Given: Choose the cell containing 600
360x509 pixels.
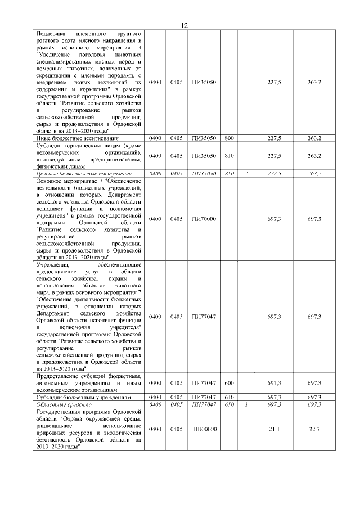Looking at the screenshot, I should click(229, 383).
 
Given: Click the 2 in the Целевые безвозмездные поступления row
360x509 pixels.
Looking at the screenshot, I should click(246, 173).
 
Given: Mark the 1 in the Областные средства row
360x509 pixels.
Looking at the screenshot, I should click(246, 404).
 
